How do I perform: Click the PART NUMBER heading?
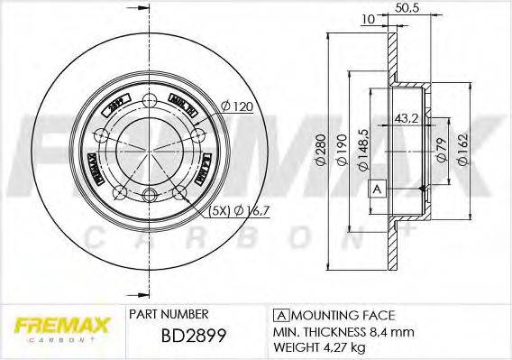tap(169, 314)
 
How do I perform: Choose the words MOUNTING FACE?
tap(343, 315)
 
